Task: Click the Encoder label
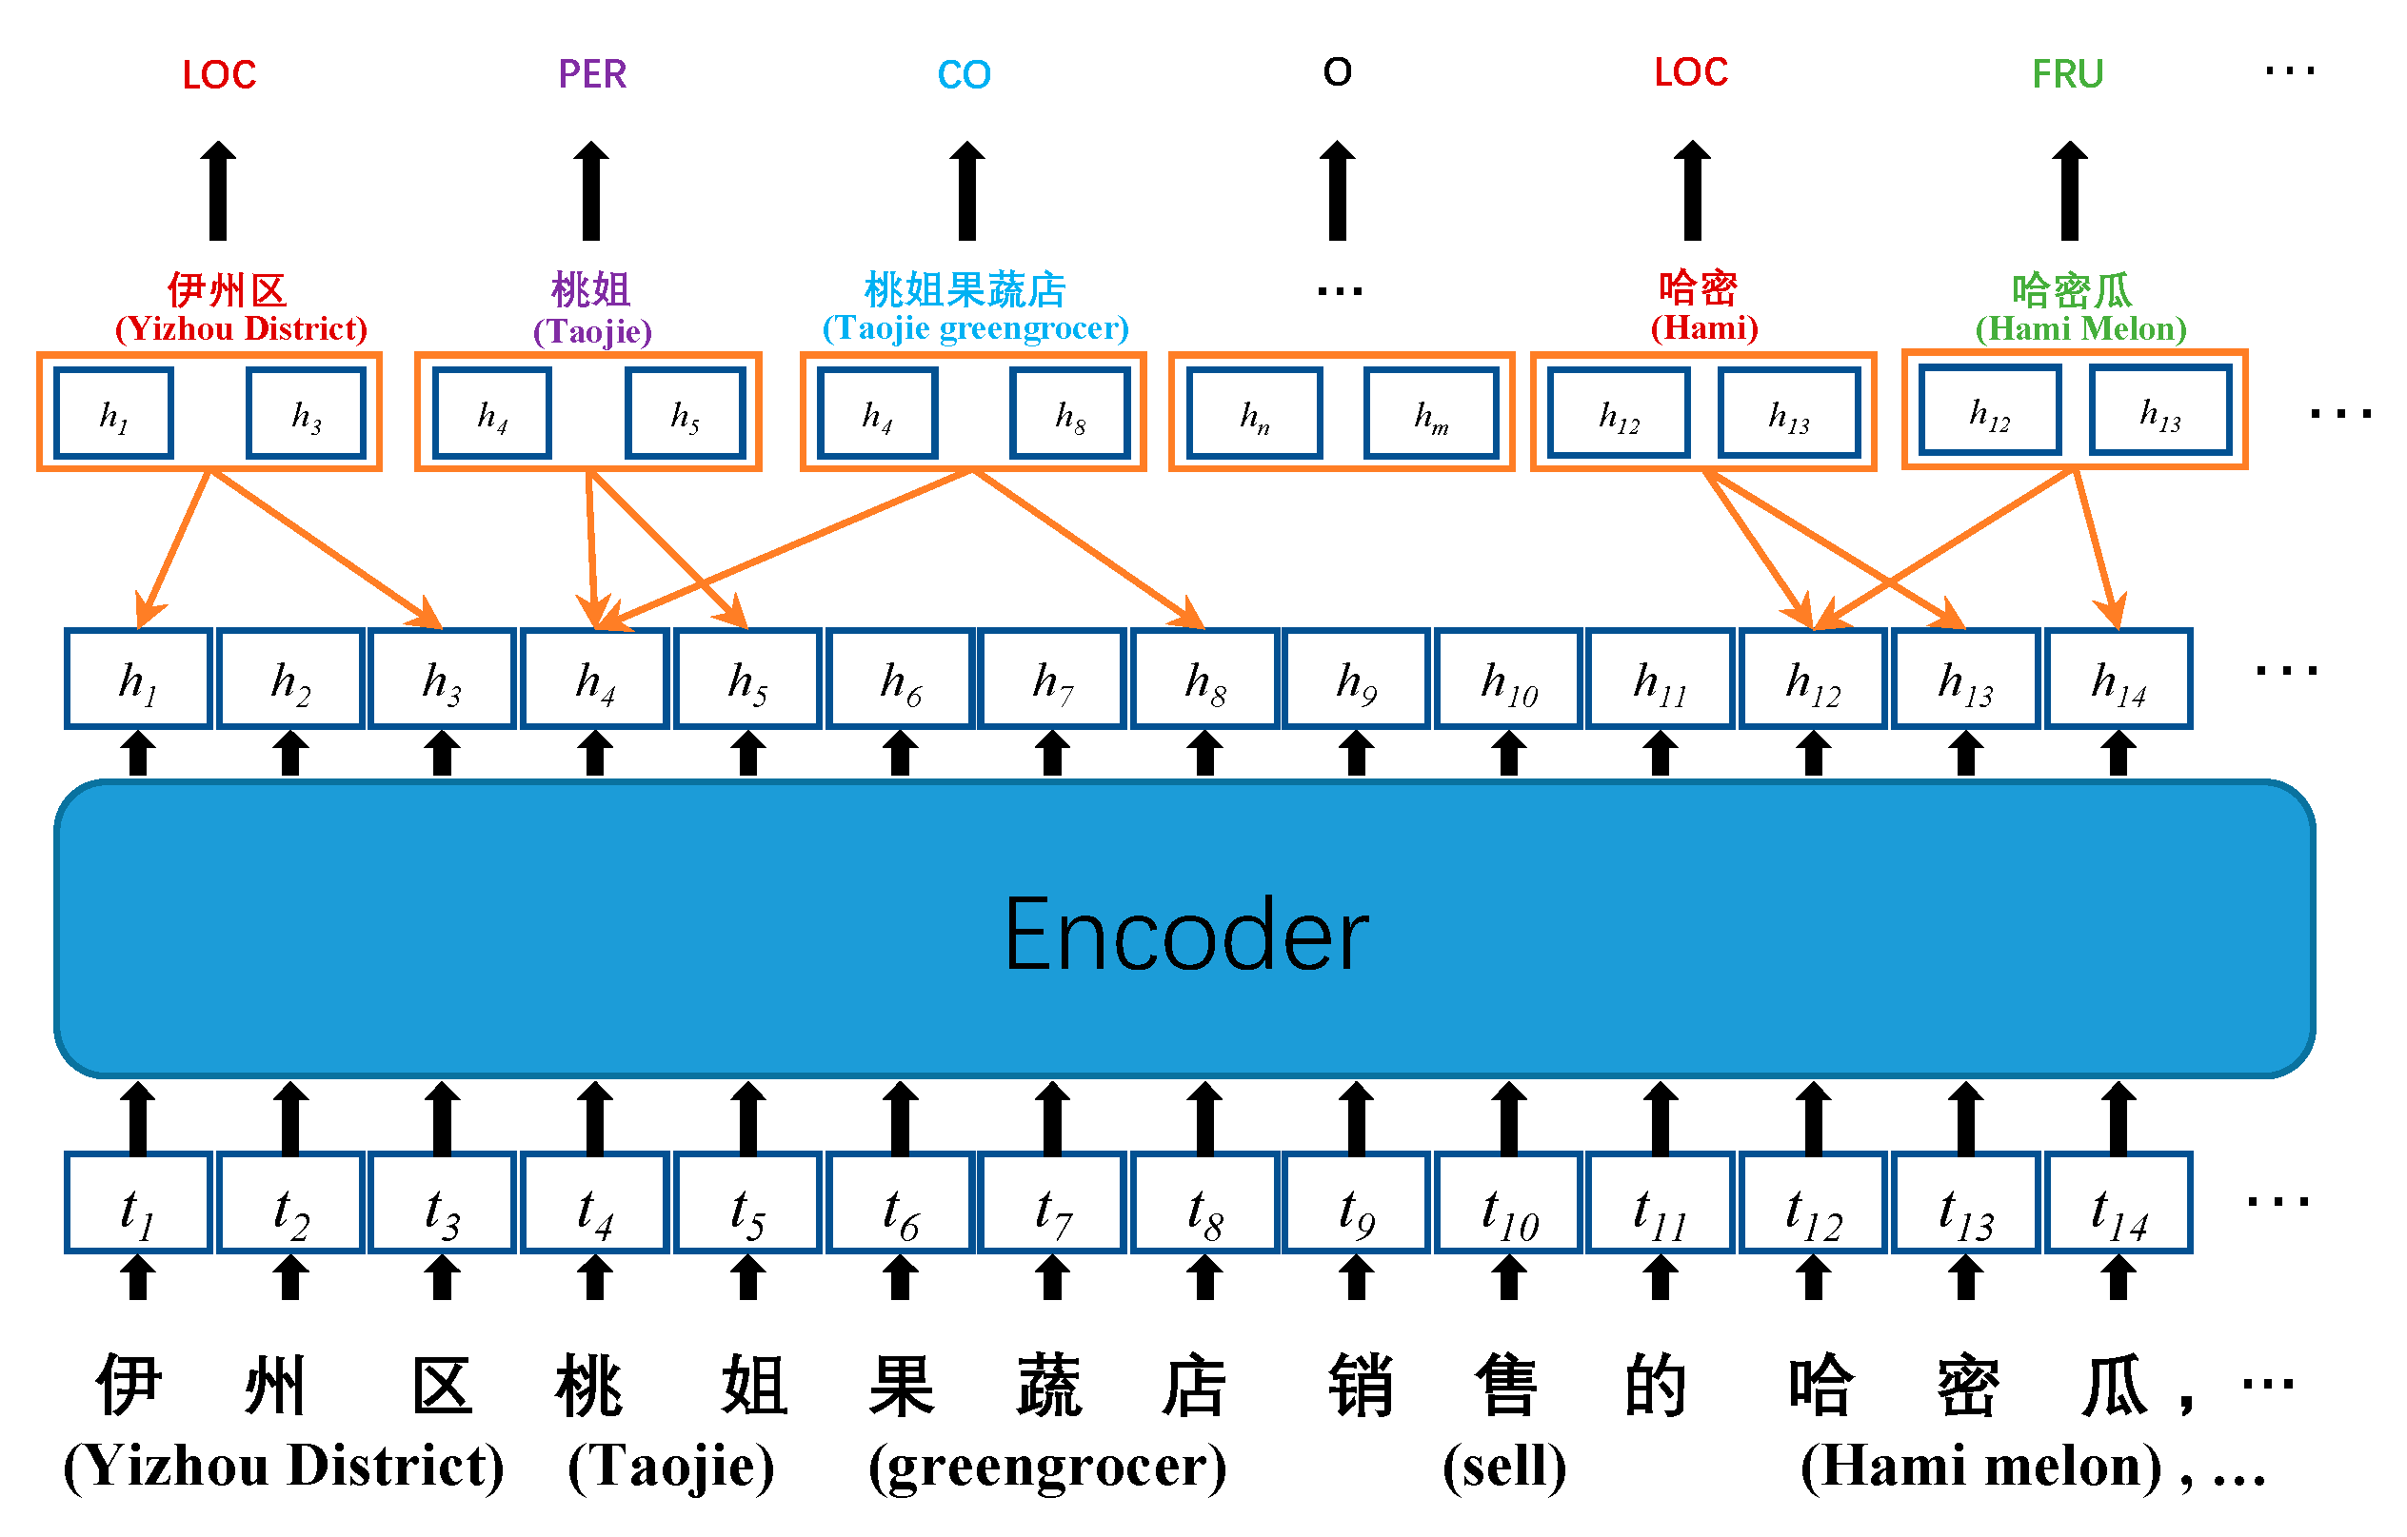pyautogui.click(x=1185, y=935)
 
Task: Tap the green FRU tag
pyautogui.click(x=2067, y=74)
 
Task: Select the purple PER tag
pyautogui.click(x=592, y=74)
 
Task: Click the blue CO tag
pyautogui.click(x=964, y=75)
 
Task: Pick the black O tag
pyautogui.click(x=1337, y=72)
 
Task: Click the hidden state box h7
pyautogui.click(x=1051, y=680)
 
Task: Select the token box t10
pyautogui.click(x=1508, y=1203)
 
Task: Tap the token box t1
pyautogui.click(x=138, y=1203)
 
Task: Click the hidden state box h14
pyautogui.click(x=2119, y=680)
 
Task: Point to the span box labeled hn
pyautogui.click(x=1255, y=413)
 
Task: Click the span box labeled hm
pyautogui.click(x=1430, y=413)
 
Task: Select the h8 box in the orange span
pyautogui.click(x=1069, y=413)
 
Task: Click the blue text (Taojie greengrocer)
pyautogui.click(x=975, y=327)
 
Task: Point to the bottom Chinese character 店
pyautogui.click(x=1195, y=1386)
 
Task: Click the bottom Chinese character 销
pyautogui.click(x=1361, y=1386)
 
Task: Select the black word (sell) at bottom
pyautogui.click(x=1504, y=1466)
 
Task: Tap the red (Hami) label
pyautogui.click(x=1703, y=327)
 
